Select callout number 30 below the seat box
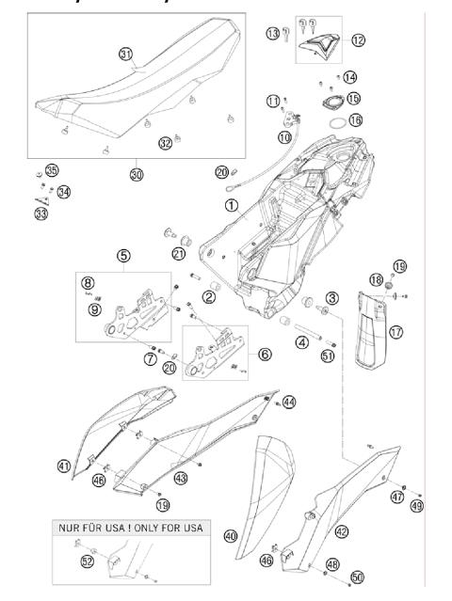point(137,175)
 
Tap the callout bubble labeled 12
point(358,40)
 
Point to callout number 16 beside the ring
point(354,120)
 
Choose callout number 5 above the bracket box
point(123,255)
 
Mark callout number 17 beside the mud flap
point(395,331)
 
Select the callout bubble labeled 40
point(231,536)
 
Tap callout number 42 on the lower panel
point(341,531)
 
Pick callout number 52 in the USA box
point(88,561)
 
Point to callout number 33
point(40,215)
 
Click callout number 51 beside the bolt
point(327,356)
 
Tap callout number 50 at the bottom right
point(356,576)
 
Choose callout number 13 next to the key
point(272,34)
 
